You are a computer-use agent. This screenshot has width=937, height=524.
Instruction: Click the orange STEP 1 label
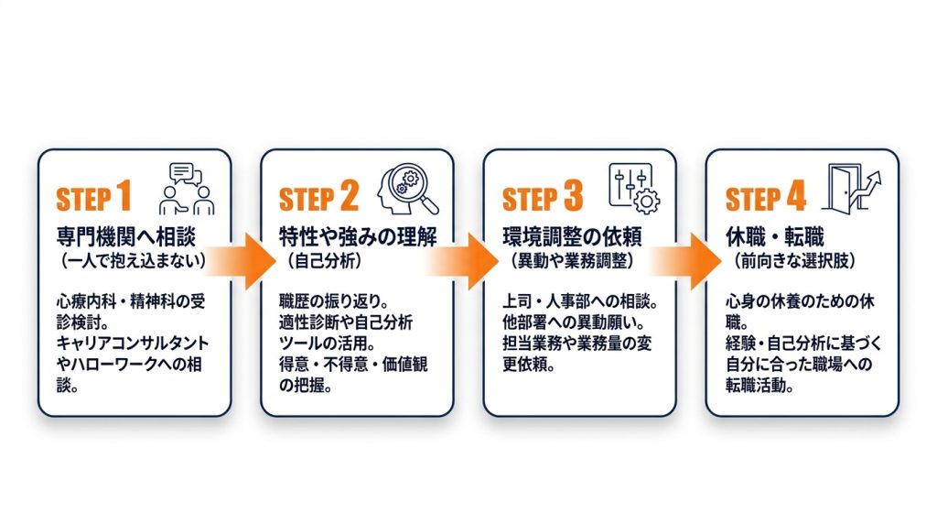[93, 197]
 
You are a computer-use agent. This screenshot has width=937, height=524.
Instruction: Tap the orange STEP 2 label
[318, 197]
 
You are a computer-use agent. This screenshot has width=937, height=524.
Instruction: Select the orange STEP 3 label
[542, 197]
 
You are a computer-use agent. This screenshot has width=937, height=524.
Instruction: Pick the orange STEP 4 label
[766, 197]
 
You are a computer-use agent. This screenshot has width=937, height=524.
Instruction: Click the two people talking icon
[187, 189]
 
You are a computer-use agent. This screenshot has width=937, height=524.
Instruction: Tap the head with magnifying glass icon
[408, 189]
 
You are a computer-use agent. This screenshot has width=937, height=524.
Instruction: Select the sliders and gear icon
[634, 189]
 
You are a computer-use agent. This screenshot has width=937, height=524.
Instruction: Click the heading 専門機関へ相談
[126, 237]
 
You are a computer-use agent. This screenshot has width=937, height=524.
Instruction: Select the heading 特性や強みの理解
[358, 237]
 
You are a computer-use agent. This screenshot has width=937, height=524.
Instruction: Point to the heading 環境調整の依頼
[573, 237]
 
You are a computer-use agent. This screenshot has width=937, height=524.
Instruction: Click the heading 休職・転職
[775, 237]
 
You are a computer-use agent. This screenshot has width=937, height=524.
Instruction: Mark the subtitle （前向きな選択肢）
[795, 261]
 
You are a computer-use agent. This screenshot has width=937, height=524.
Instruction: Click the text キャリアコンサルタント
[133, 344]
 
